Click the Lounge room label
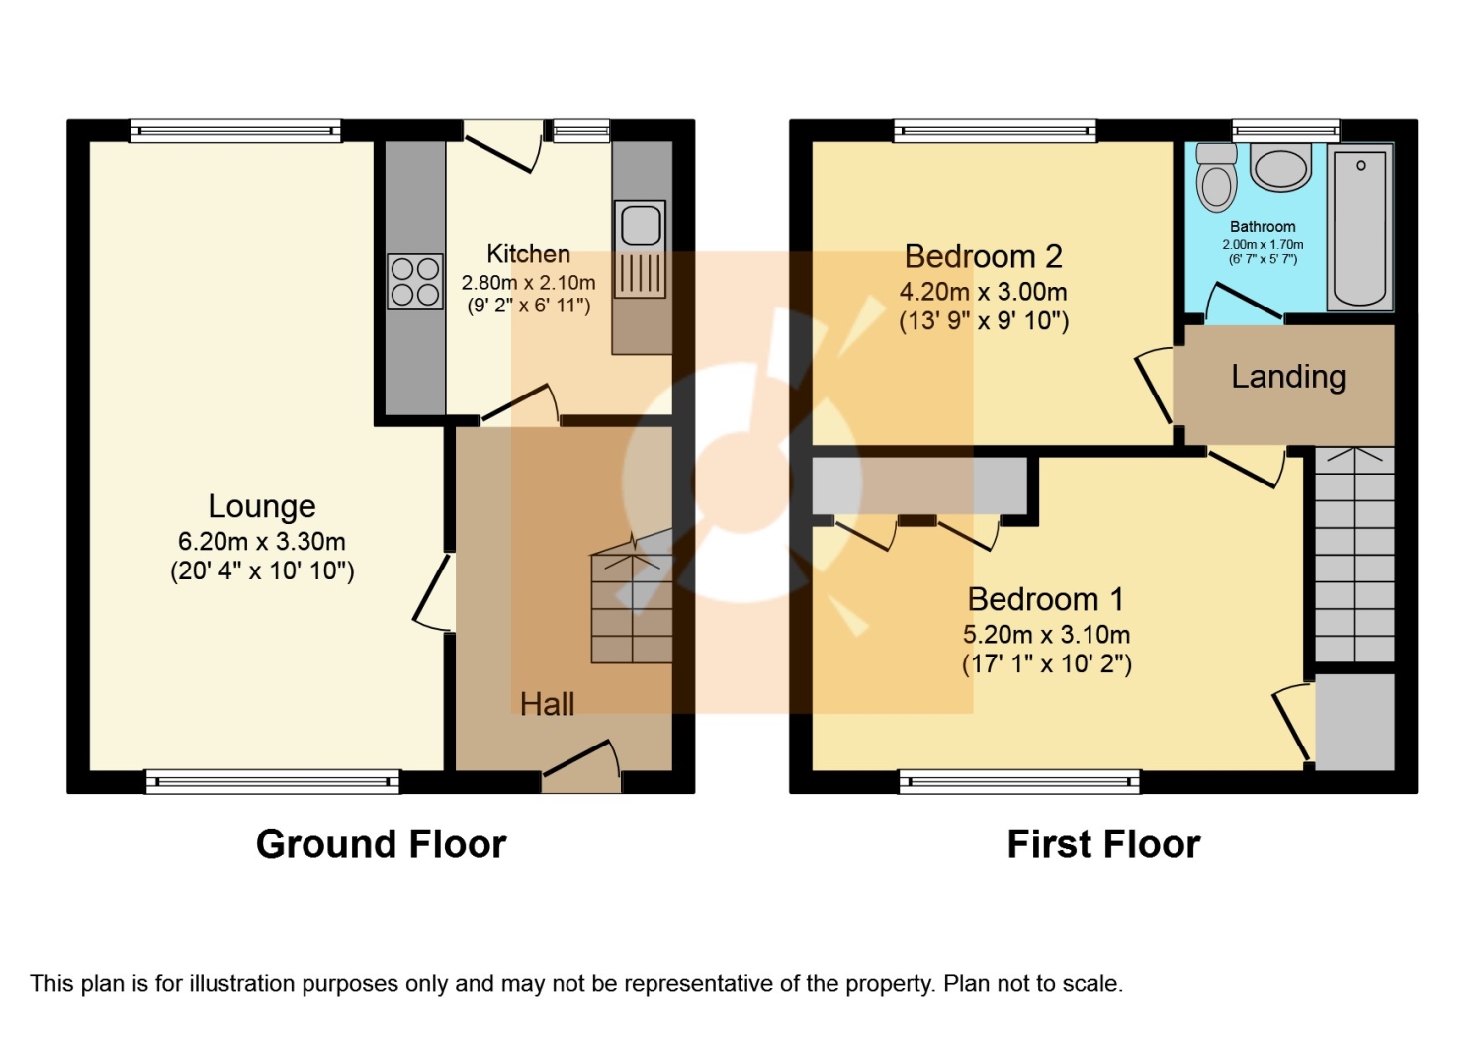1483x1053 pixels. [x=262, y=506]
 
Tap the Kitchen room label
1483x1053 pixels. [x=528, y=254]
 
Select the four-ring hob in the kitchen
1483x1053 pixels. [x=414, y=282]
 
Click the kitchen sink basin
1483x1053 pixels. [x=641, y=224]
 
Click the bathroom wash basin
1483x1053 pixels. [x=1280, y=167]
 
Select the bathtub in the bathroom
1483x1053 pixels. [x=1360, y=227]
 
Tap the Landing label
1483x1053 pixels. [x=1288, y=377]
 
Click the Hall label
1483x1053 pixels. [x=547, y=704]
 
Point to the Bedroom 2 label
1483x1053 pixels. [x=983, y=257]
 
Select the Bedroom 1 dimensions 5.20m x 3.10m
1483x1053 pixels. [x=1046, y=635]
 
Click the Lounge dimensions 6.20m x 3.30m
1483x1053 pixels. [x=262, y=542]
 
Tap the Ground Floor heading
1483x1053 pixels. [x=381, y=844]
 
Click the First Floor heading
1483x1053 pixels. [x=1103, y=844]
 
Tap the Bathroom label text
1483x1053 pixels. [x=1263, y=227]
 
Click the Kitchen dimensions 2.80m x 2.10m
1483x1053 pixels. [x=528, y=283]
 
